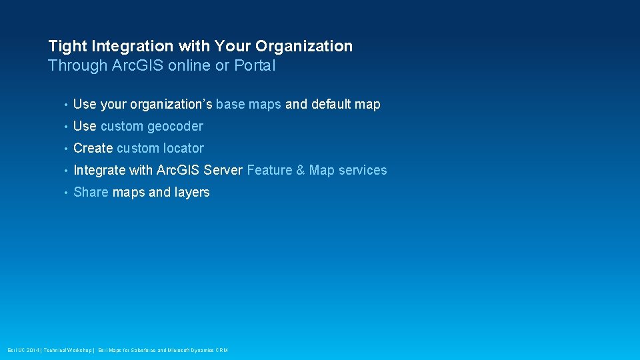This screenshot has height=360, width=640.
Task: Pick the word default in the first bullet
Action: point(331,104)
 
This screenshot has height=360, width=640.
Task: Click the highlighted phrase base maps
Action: point(249,104)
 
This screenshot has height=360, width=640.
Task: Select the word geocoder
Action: point(175,126)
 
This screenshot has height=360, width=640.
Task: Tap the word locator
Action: point(183,148)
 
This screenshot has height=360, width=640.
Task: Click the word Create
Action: point(93,148)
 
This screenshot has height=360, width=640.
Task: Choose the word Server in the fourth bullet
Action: point(223,170)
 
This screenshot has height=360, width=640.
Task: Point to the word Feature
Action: point(269,170)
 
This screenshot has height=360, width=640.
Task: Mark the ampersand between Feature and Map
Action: point(300,170)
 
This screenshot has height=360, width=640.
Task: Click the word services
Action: point(363,170)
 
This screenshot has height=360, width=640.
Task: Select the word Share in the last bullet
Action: point(91,192)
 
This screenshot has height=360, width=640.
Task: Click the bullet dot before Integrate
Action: point(65,171)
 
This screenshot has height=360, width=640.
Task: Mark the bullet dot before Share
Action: point(65,193)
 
